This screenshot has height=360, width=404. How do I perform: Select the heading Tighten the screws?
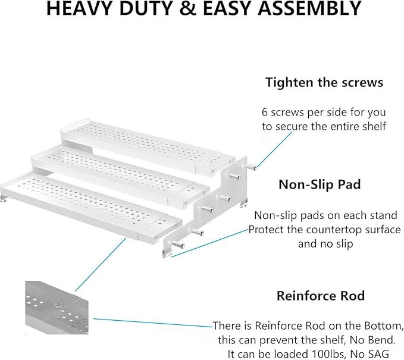324,82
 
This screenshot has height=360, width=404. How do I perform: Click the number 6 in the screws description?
265,111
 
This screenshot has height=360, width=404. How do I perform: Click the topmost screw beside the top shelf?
252,167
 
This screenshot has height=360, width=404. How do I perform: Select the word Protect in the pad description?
268,230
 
